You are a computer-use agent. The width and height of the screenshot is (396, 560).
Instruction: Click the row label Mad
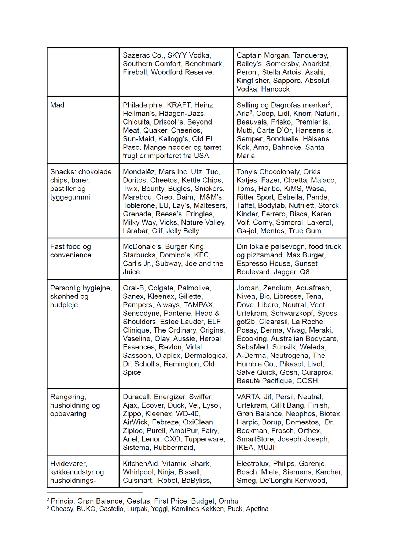point(57,105)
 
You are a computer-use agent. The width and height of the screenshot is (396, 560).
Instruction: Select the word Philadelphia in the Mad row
point(143,105)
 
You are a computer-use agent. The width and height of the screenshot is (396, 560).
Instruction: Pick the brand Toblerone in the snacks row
point(139,205)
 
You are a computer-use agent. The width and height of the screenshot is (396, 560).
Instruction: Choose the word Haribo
point(269,189)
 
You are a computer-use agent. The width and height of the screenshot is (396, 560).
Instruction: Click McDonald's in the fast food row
point(142,246)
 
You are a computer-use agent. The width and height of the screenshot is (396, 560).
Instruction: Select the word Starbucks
point(139,255)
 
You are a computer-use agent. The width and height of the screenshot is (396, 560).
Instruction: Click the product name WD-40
point(188,413)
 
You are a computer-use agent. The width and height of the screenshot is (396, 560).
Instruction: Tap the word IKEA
point(245,447)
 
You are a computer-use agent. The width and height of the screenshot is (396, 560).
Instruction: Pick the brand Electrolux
point(253,463)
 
